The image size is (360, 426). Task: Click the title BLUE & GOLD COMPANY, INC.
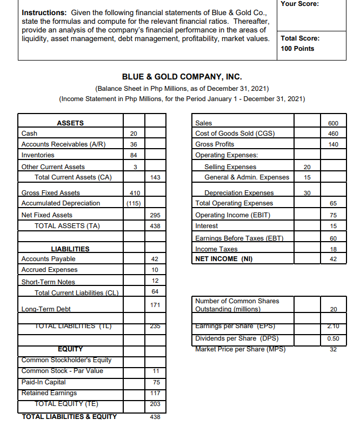(x=182, y=77)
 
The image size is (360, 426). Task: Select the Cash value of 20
(x=134, y=134)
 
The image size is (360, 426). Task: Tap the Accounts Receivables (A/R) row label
(x=63, y=144)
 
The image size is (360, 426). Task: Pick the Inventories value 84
(x=134, y=155)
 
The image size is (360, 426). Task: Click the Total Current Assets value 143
(x=155, y=177)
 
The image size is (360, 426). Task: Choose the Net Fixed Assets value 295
(x=155, y=215)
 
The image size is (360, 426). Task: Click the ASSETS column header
(x=70, y=123)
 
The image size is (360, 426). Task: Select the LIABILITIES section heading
(x=70, y=249)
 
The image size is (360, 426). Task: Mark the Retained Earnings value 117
(x=155, y=393)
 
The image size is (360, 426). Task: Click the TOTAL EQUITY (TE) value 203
(x=155, y=404)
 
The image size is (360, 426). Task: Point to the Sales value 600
(x=333, y=123)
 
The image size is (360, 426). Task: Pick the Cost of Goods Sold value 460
(x=333, y=134)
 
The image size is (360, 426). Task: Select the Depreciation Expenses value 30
(x=307, y=193)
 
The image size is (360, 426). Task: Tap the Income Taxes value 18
(x=333, y=249)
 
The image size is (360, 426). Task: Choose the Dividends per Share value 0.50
(x=333, y=338)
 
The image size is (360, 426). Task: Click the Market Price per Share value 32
(x=333, y=349)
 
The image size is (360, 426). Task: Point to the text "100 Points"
(x=297, y=49)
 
